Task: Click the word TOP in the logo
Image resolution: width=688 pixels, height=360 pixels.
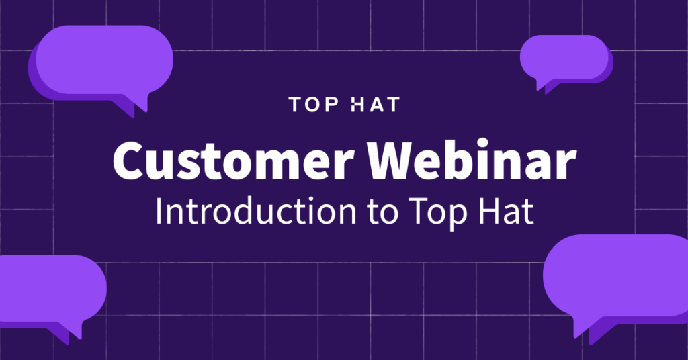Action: (312, 105)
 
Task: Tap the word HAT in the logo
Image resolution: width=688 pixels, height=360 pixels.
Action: (376, 105)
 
